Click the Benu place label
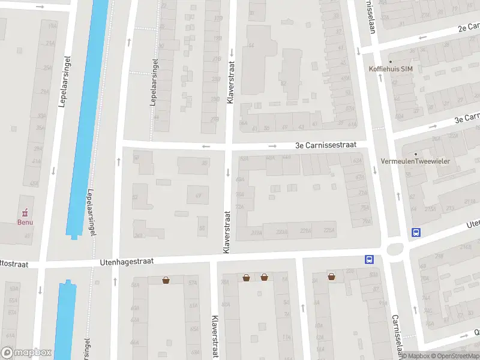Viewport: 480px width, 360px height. (x=25, y=222)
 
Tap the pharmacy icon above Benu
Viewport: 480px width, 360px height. (x=25, y=212)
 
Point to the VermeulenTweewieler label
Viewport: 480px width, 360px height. (x=415, y=161)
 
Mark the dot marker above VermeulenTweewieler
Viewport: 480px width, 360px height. (x=415, y=154)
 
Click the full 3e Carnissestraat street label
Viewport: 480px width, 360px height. (x=326, y=145)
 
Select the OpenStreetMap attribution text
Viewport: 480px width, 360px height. (x=455, y=356)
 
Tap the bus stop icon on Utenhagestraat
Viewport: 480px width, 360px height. (x=368, y=259)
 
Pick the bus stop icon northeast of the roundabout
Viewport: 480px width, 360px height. (x=415, y=233)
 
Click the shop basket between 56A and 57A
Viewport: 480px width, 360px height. (x=166, y=280)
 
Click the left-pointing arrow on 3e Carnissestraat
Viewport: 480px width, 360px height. (x=206, y=146)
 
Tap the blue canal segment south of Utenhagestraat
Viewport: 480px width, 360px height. (x=65, y=318)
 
